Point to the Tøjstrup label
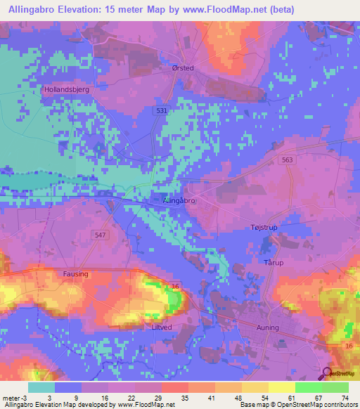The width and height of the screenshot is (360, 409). (x=265, y=228)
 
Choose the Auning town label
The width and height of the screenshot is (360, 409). (x=268, y=327)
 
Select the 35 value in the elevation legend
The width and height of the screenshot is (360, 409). (x=166, y=398)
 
